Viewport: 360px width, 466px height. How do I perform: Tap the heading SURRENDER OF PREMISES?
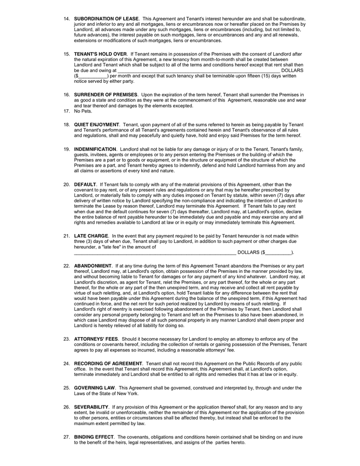pyautogui.click(x=106, y=95)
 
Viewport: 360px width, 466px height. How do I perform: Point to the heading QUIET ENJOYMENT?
pyautogui.click(x=97, y=125)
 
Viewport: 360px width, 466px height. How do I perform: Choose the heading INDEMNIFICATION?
pyautogui.click(x=95, y=149)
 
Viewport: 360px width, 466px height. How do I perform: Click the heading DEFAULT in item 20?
pyautogui.click(x=85, y=184)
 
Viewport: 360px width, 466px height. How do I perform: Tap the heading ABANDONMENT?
pyautogui.click(x=93, y=266)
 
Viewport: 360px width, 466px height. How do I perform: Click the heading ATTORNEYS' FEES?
pyautogui.click(x=96, y=339)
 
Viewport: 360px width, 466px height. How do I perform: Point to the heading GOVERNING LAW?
pyautogui.click(x=95, y=388)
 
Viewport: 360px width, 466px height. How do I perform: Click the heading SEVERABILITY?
pyautogui.click(x=91, y=407)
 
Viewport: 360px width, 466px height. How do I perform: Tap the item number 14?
pyautogui.click(x=67, y=19)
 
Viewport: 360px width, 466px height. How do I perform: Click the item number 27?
pyautogui.click(x=67, y=437)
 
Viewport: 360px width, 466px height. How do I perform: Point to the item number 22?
pyautogui.click(x=67, y=266)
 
